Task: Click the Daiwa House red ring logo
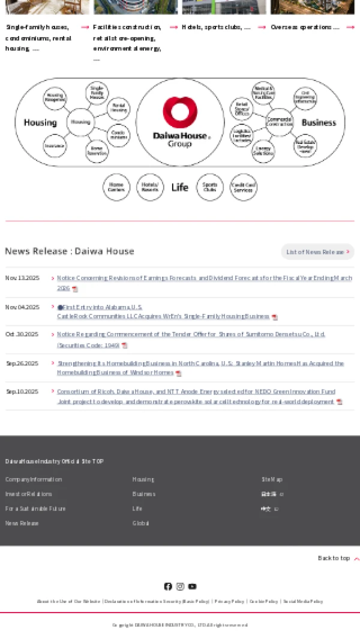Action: (180, 113)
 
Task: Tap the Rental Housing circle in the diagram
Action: (119, 108)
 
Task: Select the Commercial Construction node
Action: (279, 122)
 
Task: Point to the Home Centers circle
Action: (116, 187)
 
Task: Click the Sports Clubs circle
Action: (209, 187)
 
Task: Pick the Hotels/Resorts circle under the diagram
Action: (150, 187)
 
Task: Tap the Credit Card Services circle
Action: (243, 187)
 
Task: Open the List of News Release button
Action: (317, 252)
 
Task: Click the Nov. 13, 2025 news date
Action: (22, 278)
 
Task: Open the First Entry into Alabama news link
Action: (102, 307)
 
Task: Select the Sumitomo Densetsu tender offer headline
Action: (191, 334)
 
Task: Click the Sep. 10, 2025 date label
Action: (22, 392)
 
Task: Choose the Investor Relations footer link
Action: (29, 494)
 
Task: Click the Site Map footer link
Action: (272, 479)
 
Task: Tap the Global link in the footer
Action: (140, 523)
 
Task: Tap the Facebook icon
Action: (168, 586)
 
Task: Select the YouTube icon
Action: (192, 586)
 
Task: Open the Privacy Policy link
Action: (229, 601)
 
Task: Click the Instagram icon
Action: (180, 586)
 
